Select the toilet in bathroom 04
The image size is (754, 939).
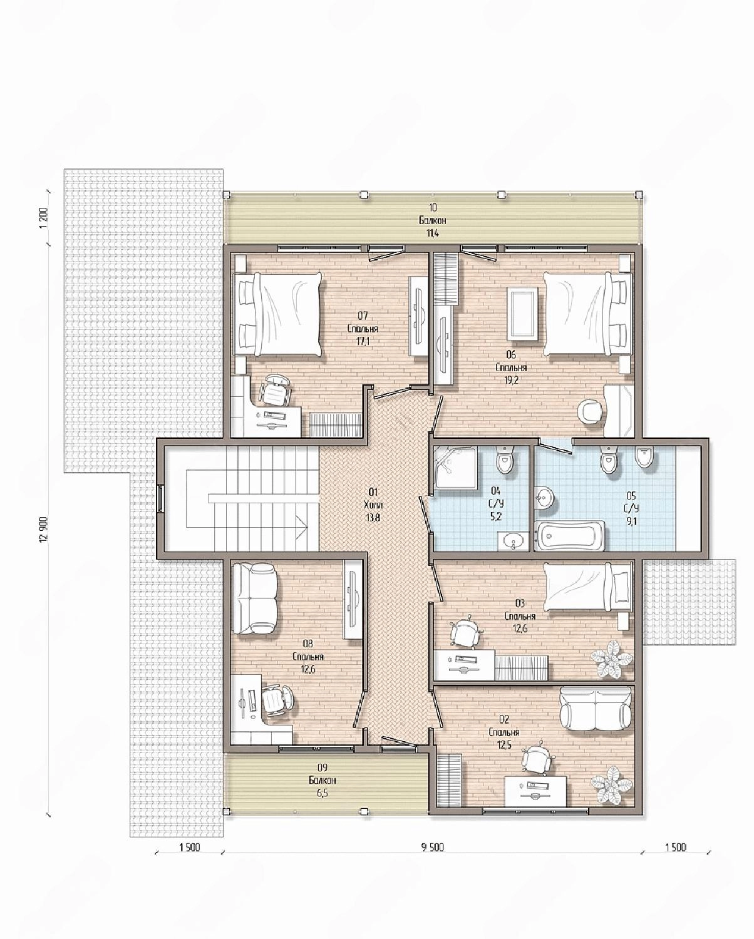click(505, 460)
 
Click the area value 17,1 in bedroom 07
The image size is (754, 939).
click(363, 341)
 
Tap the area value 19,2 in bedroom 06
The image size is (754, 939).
click(510, 380)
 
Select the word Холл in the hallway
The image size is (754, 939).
click(373, 505)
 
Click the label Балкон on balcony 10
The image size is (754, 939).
click(431, 220)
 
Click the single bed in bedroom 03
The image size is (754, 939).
click(587, 587)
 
